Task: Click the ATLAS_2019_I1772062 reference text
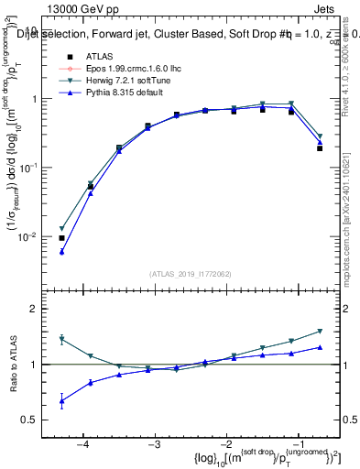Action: pos(190,273)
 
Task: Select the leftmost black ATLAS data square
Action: pos(61,238)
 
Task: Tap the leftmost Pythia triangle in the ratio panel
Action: pos(61,400)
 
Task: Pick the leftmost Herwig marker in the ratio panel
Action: pos(61,339)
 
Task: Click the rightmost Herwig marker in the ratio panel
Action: pos(320,331)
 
